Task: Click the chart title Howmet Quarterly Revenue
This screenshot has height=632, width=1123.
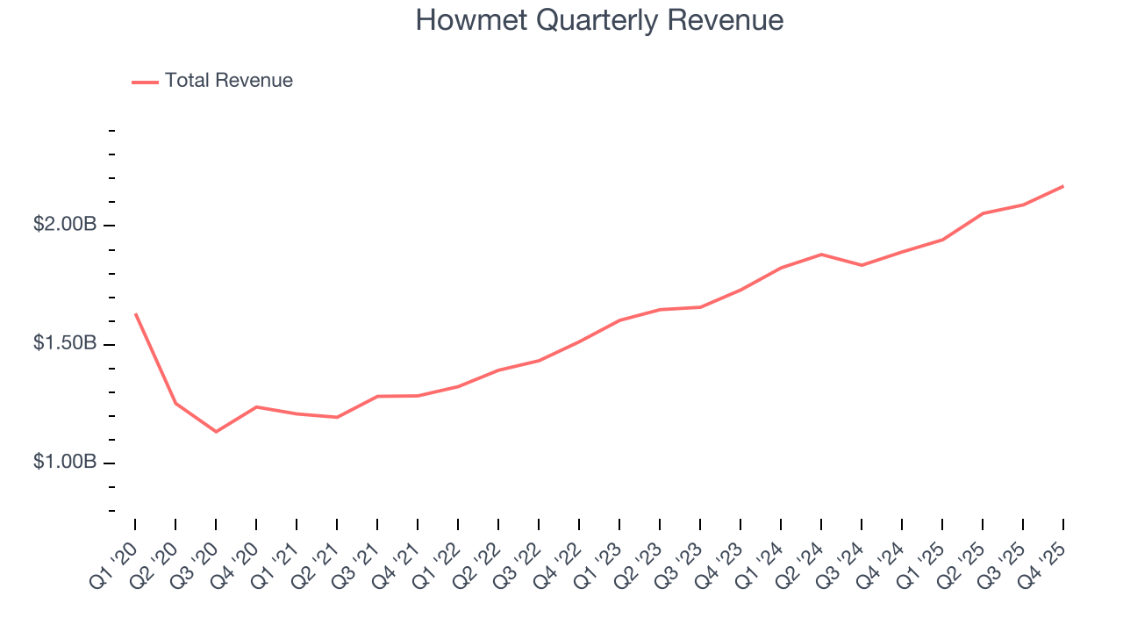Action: tap(599, 20)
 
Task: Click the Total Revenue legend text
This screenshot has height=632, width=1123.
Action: tap(228, 81)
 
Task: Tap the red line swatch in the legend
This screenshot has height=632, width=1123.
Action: tap(145, 82)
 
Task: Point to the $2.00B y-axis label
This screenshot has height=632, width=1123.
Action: tap(65, 225)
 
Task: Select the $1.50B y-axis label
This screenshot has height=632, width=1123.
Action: tap(65, 343)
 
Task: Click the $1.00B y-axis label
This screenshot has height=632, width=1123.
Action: tap(65, 462)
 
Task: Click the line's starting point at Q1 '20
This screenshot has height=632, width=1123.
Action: tap(135, 313)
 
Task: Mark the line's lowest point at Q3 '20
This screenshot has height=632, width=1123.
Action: tap(216, 432)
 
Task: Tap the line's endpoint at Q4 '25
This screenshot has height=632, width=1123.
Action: tap(1063, 186)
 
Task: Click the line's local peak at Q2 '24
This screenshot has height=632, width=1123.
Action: tap(821, 255)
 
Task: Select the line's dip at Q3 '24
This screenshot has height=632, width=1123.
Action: tap(862, 265)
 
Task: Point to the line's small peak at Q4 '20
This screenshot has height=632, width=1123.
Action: tap(256, 406)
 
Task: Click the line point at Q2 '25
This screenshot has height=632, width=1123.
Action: tap(983, 213)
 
